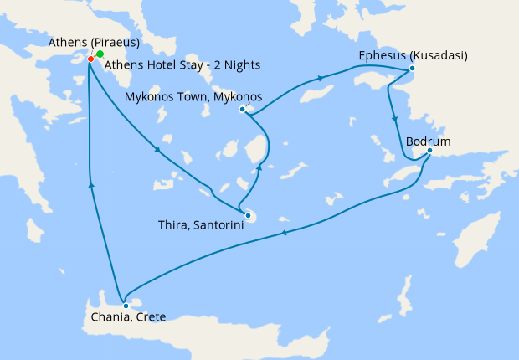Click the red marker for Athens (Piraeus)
point(90,59)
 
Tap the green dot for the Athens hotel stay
point(100,54)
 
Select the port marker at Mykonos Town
point(242,109)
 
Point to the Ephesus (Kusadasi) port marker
point(412,69)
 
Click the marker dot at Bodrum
point(429,151)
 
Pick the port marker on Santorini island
point(248,216)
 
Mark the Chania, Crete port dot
point(126,306)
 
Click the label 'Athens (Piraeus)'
point(95,43)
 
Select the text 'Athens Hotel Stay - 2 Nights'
point(182,65)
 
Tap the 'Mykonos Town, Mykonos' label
point(193,97)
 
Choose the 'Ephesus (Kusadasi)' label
point(413,56)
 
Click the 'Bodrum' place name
point(428,141)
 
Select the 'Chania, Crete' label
point(129,317)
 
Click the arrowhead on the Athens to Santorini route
point(157,150)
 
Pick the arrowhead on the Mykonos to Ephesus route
point(320,80)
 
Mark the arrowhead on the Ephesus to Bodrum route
point(393,121)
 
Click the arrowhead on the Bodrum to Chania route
point(282,233)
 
